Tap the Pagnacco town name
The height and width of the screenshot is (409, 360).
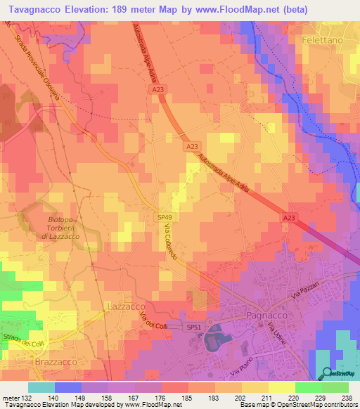[x=264, y=316]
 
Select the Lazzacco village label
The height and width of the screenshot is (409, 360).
[x=125, y=307]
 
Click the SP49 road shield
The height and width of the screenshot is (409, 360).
[x=164, y=219]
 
